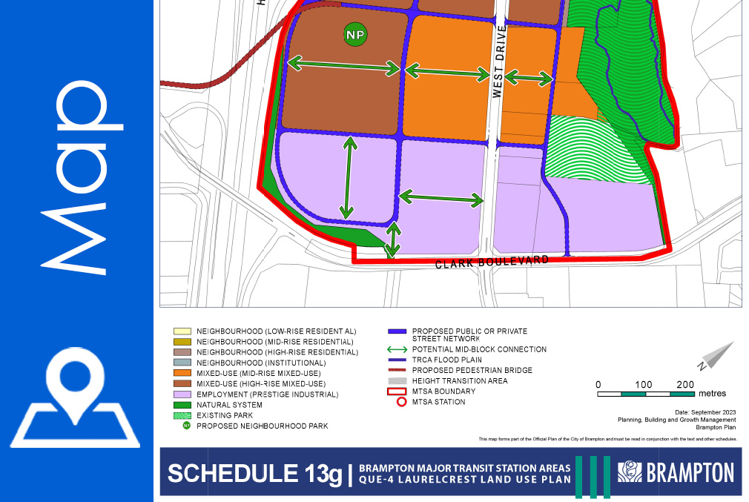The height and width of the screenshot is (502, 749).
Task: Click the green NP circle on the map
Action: tap(355, 34)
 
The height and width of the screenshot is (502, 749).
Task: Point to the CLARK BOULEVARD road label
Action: tap(492, 262)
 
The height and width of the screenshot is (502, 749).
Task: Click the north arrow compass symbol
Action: tap(715, 355)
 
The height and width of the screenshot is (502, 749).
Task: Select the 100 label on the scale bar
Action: tap(644, 384)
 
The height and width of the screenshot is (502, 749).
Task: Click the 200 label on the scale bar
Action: tap(686, 384)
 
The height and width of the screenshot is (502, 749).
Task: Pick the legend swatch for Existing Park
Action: tap(181, 415)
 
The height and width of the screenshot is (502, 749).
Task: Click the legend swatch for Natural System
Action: tap(181, 405)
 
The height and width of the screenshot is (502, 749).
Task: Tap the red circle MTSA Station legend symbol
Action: tap(401, 402)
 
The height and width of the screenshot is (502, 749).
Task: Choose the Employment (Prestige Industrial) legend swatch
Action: tap(181, 394)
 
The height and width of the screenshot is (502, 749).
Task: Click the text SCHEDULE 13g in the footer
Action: tap(255, 474)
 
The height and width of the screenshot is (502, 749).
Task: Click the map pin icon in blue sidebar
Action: tap(76, 395)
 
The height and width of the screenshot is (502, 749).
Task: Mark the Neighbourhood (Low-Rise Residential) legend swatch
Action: tap(181, 331)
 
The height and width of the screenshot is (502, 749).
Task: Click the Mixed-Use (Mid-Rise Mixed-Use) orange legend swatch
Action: tap(181, 373)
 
